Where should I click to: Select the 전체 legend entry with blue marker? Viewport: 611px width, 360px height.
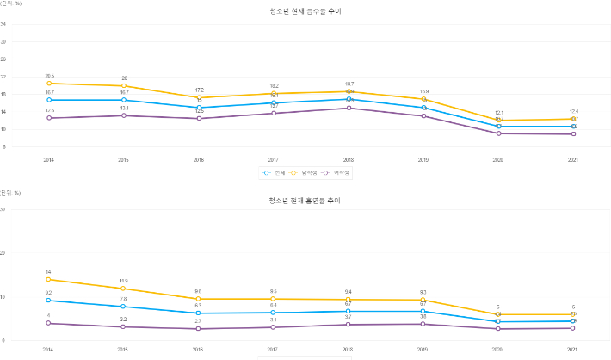276,172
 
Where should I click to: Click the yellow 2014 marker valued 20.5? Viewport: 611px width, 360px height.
50,84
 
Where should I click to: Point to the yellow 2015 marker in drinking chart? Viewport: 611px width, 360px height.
125,86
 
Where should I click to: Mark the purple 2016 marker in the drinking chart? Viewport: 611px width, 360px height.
200,119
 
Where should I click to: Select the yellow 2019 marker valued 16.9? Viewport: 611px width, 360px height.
423,100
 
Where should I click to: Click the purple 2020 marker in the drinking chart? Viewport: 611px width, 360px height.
498,133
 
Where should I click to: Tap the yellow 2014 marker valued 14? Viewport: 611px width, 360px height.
50,279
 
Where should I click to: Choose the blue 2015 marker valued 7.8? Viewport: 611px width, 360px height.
125,307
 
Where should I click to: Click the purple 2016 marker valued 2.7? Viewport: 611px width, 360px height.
200,329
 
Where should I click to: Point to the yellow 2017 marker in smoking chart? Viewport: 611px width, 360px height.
274,299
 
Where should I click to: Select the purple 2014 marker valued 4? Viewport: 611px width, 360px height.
50,323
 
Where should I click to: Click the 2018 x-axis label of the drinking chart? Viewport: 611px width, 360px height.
349,160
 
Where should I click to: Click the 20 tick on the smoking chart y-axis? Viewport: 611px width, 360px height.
3,253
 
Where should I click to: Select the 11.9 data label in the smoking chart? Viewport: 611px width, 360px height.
125,281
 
